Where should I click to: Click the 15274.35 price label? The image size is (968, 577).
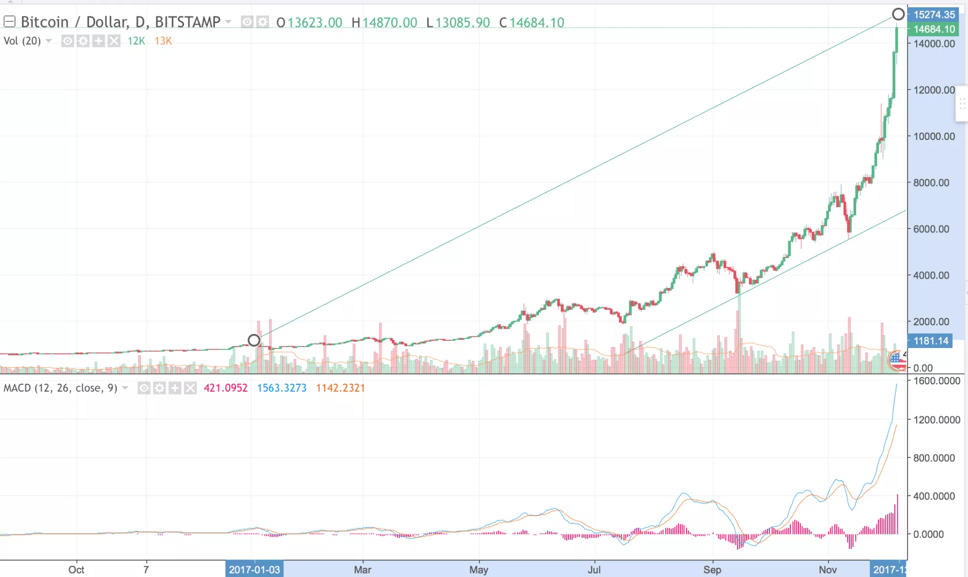click(x=934, y=15)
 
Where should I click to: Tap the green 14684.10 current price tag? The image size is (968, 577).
click(x=934, y=29)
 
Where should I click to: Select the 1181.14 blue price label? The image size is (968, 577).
click(x=930, y=341)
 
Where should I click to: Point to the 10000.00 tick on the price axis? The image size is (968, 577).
click(x=934, y=137)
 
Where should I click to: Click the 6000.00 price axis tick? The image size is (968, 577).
click(x=931, y=229)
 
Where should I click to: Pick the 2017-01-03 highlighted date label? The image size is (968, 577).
click(x=254, y=570)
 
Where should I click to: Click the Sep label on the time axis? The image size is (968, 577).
click(x=712, y=570)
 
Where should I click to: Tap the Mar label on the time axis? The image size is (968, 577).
click(x=363, y=570)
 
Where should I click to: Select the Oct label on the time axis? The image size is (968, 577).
click(x=76, y=570)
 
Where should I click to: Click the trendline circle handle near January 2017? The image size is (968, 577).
click(x=254, y=340)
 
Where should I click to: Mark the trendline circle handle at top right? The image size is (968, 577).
click(x=898, y=14)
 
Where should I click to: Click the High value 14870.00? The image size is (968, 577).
click(x=389, y=23)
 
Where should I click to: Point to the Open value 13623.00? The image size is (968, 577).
click(x=315, y=23)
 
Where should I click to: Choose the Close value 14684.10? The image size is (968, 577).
click(x=537, y=23)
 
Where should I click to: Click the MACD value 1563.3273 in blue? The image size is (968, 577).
click(x=281, y=388)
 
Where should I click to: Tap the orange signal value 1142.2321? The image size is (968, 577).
click(x=340, y=388)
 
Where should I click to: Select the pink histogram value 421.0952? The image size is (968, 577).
click(x=226, y=388)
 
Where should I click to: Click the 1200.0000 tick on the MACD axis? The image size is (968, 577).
click(x=937, y=420)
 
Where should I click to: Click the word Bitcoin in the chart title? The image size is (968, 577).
click(x=45, y=22)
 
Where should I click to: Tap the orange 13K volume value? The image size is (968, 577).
click(x=163, y=41)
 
